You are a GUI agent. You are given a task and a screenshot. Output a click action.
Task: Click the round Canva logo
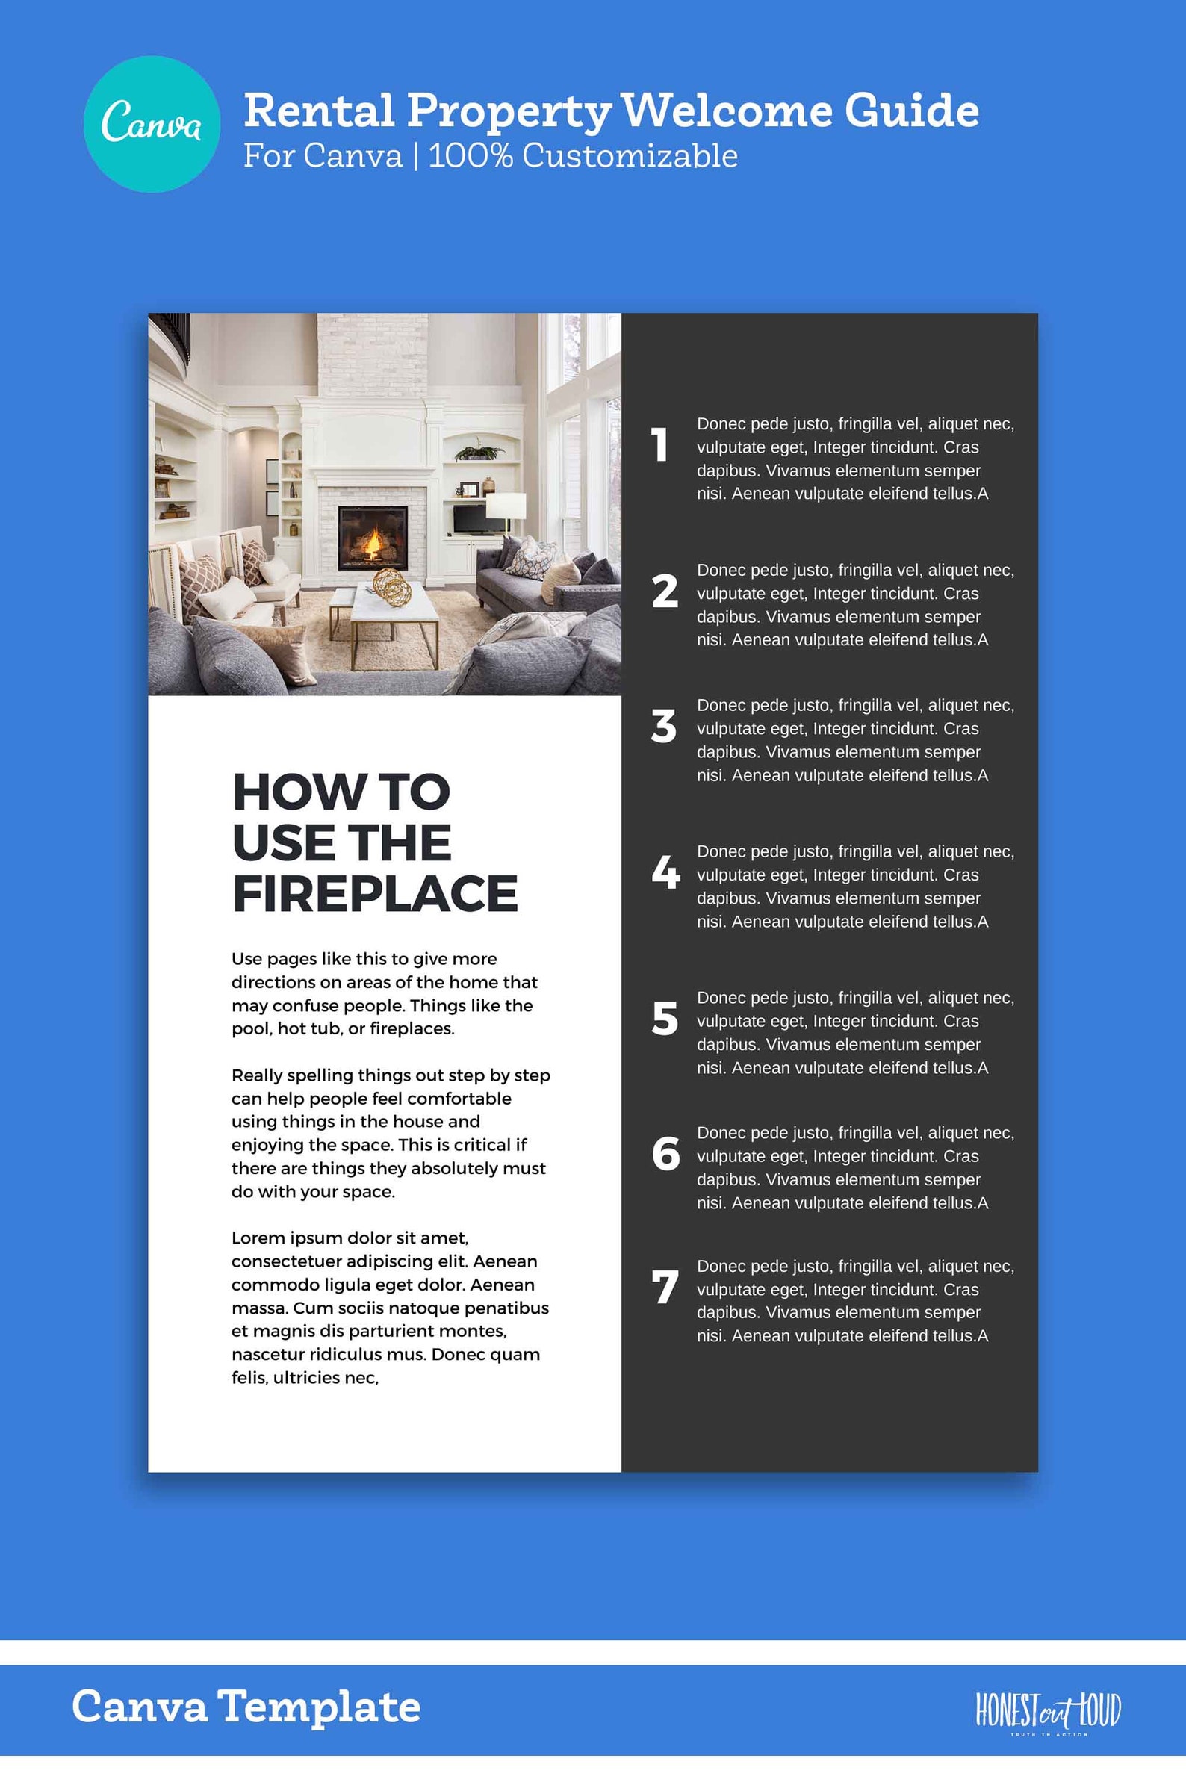(x=152, y=123)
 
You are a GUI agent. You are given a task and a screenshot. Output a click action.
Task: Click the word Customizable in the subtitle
(x=630, y=156)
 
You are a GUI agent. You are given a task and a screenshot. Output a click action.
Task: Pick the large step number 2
(x=665, y=591)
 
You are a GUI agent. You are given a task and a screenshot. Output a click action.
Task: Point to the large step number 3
(x=663, y=726)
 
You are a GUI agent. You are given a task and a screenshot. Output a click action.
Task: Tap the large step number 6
(x=665, y=1153)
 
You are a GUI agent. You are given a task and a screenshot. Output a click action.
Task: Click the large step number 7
(x=665, y=1288)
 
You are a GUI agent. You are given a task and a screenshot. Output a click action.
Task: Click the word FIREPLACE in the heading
(x=375, y=894)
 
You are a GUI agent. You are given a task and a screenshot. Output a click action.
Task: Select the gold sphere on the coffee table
(x=392, y=586)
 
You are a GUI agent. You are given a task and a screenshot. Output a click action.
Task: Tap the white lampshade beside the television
(x=506, y=506)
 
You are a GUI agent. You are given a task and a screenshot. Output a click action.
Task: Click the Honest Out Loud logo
(x=1048, y=1711)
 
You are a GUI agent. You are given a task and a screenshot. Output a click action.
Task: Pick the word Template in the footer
(x=318, y=1708)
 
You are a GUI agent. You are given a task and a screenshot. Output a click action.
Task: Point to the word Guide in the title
(x=911, y=111)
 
